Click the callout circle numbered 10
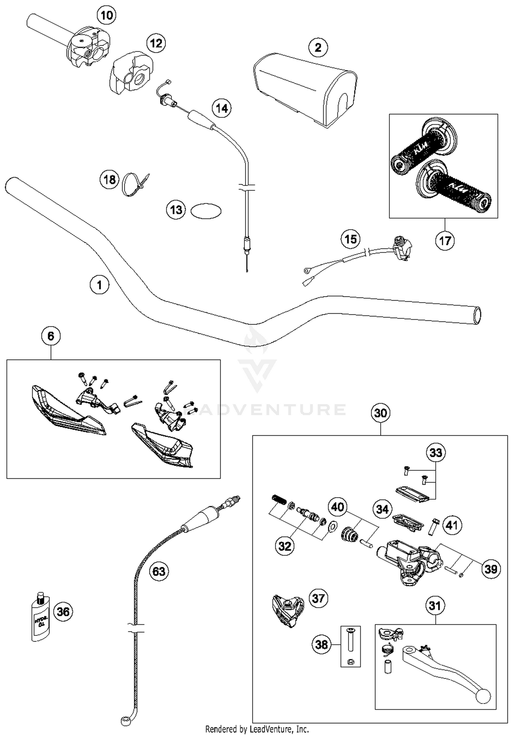click(x=106, y=15)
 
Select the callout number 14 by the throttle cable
click(x=221, y=108)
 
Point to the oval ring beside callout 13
click(x=206, y=211)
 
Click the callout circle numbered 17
click(x=445, y=241)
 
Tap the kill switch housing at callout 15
click(x=402, y=248)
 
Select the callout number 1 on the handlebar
click(x=100, y=285)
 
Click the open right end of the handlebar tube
click(x=477, y=315)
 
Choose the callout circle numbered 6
click(x=51, y=336)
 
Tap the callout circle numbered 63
click(x=159, y=571)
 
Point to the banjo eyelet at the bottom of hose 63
click(x=125, y=720)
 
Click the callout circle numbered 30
click(x=380, y=413)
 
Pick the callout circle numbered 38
click(x=321, y=644)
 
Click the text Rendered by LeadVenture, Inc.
click(x=257, y=729)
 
